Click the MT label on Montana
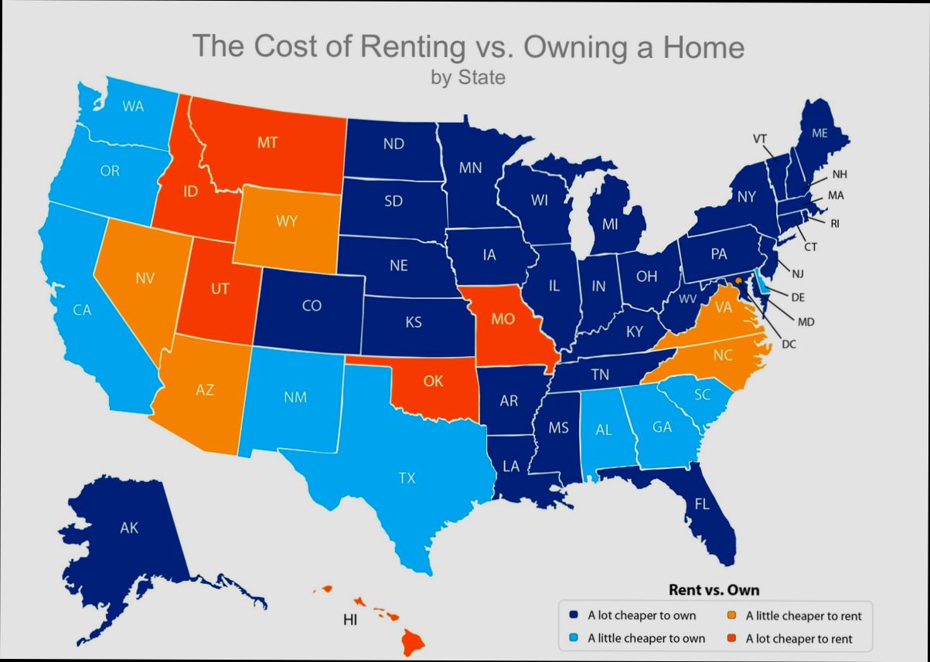pyautogui.click(x=267, y=143)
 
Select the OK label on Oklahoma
pyautogui.click(x=433, y=380)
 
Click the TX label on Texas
pyautogui.click(x=407, y=478)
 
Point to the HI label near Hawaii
pyautogui.click(x=350, y=620)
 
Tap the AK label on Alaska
pyautogui.click(x=129, y=528)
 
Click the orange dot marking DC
pyautogui.click(x=739, y=281)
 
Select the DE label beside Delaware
pyautogui.click(x=799, y=296)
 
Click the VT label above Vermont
pyautogui.click(x=760, y=139)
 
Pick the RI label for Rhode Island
pyautogui.click(x=835, y=224)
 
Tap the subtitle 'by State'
pyautogui.click(x=468, y=77)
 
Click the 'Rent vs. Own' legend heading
pyautogui.click(x=714, y=590)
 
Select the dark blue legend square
pyautogui.click(x=574, y=616)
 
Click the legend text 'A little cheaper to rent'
pyautogui.click(x=803, y=616)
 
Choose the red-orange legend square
pyautogui.click(x=731, y=638)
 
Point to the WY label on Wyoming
pyautogui.click(x=286, y=221)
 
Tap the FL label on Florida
pyautogui.click(x=701, y=504)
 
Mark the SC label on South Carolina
pyautogui.click(x=702, y=394)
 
